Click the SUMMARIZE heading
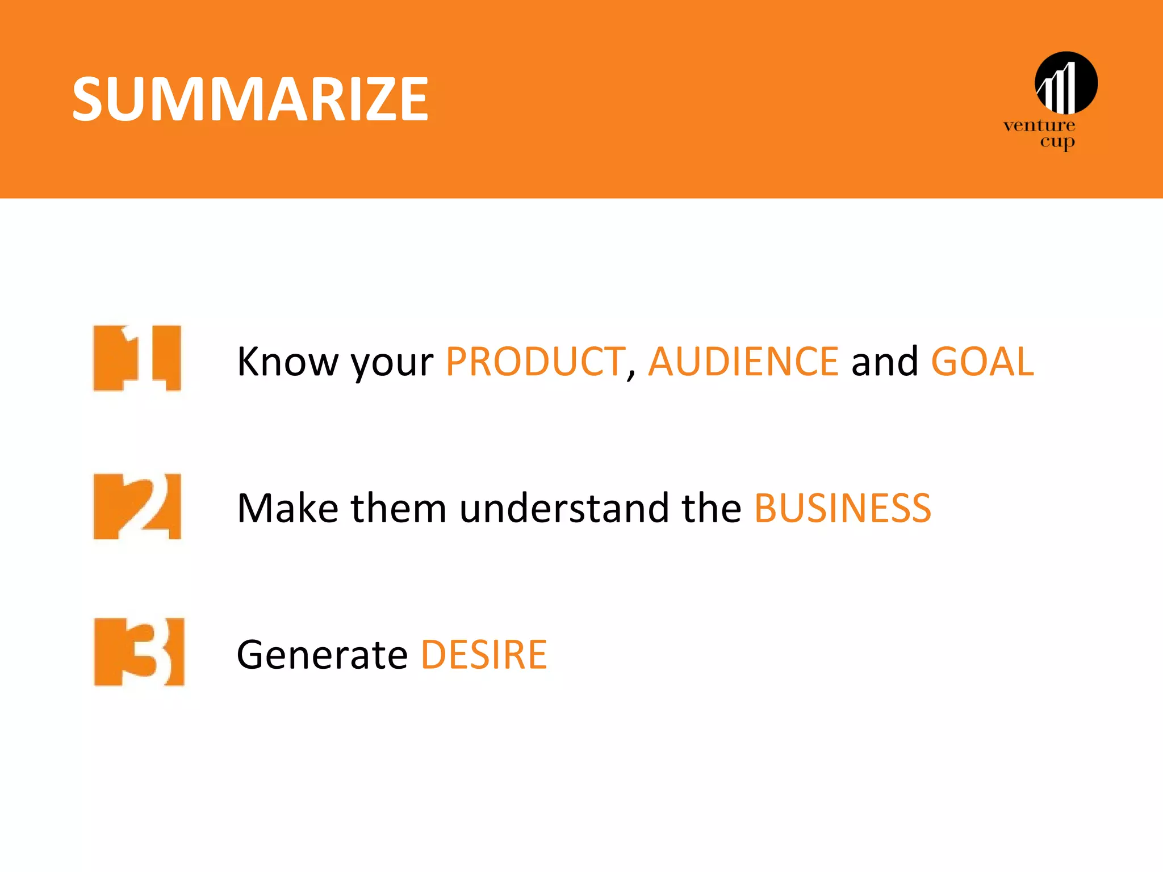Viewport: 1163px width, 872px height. (250, 100)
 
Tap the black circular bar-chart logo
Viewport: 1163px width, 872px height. (1066, 83)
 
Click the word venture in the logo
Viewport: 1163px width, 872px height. (1039, 125)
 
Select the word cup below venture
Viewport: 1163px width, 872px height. (1057, 141)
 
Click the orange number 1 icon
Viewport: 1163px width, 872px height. (137, 358)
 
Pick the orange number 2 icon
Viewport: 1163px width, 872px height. (137, 506)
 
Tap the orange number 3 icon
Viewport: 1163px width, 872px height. (139, 652)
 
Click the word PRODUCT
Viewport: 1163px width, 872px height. (535, 362)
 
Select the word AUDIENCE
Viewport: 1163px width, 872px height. (743, 362)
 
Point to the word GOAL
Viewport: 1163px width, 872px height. (982, 362)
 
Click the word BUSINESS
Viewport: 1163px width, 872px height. (842, 508)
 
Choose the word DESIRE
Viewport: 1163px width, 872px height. (484, 655)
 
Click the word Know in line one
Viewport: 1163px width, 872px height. (287, 362)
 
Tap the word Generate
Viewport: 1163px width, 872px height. (322, 655)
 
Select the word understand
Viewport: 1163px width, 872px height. (564, 508)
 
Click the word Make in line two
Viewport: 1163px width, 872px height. (287, 508)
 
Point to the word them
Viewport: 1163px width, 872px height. (399, 508)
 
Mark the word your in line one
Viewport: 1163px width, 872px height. (392, 363)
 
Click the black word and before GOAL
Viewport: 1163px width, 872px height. (884, 362)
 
